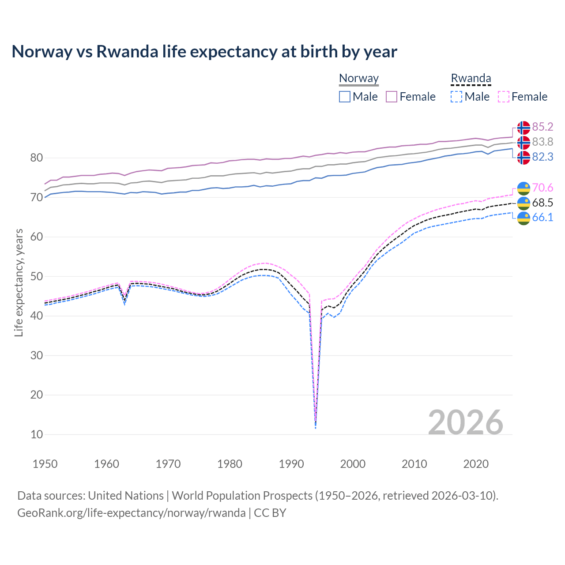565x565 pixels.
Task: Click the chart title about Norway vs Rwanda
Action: coord(204,52)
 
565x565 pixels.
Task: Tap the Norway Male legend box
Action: coord(345,97)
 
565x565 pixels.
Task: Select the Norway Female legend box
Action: coord(392,97)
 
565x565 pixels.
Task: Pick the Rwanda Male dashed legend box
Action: coord(456,97)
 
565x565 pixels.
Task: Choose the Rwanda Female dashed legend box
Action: coord(503,97)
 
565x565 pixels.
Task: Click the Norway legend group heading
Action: coord(359,79)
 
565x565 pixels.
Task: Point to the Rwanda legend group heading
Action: coord(471,79)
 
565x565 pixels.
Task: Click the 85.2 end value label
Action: coord(542,127)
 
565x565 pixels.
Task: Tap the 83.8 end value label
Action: coord(542,142)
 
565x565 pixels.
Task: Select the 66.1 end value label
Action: coord(542,218)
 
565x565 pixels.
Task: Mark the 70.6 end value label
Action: coord(542,188)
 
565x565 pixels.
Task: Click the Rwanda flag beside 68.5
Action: coord(524,203)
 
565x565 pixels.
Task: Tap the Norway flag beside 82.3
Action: coord(524,157)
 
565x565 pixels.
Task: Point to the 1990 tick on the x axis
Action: coord(291,464)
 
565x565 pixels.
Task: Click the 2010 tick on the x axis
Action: coord(414,464)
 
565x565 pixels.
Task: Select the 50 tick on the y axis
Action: coord(37,277)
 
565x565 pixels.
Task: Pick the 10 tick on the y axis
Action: coord(37,434)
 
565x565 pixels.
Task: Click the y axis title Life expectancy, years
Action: coord(19,282)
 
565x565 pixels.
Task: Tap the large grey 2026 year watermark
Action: coord(466,422)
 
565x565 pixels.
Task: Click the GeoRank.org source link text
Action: coord(132,513)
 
